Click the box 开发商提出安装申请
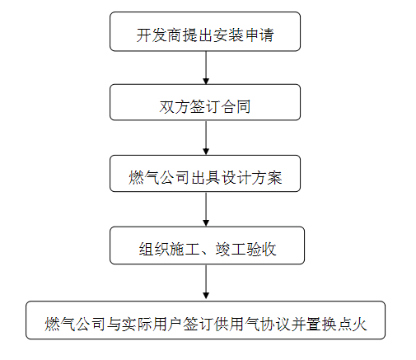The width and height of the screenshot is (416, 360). pos(205,31)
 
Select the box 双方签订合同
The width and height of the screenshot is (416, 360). pos(205,102)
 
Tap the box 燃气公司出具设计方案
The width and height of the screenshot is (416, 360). pos(205,173)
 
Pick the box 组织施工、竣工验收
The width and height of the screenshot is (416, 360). pos(207,245)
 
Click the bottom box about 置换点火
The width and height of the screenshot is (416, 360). pos(205,320)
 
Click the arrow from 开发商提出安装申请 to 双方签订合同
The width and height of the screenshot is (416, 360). pos(206,68)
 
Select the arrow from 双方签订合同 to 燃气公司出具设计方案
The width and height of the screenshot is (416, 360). pos(206,138)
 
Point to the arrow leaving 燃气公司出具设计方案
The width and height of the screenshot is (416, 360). pos(206,209)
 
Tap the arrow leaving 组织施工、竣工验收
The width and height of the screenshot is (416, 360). pos(206,283)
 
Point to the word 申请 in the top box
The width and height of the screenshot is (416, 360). pos(259,35)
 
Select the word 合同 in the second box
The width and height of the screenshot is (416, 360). pos(236,106)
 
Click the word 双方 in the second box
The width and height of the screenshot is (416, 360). pos(174,106)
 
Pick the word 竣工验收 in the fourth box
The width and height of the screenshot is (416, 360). pos(245,250)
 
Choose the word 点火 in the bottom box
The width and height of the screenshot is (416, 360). pos(352,324)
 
